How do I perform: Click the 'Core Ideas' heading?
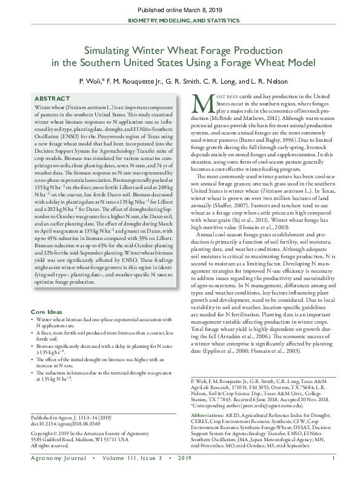pyautogui.click(x=47, y=312)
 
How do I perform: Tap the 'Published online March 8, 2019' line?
pyautogui.click(x=180, y=11)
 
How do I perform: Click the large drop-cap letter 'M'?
pyautogui.click(x=196, y=102)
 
